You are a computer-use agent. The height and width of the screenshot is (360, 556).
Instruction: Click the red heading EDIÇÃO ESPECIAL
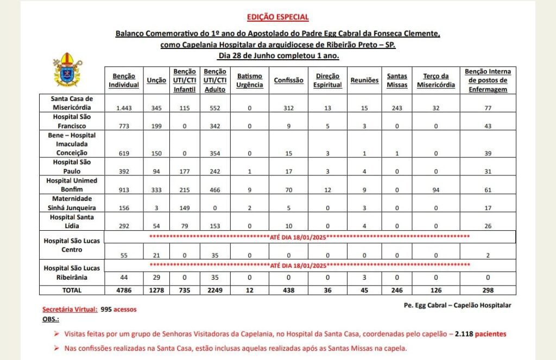click(x=277, y=17)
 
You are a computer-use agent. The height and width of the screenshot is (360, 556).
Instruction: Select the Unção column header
click(x=156, y=80)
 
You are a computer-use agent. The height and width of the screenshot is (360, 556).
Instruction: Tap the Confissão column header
click(x=288, y=80)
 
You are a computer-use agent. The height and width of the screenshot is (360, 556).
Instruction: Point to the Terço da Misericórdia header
click(x=435, y=80)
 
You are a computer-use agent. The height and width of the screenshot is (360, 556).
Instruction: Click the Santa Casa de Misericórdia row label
click(x=72, y=103)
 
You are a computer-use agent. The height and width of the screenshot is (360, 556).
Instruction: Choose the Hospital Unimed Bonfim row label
click(x=72, y=184)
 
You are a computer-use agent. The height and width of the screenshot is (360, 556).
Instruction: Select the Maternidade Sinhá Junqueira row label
click(x=72, y=203)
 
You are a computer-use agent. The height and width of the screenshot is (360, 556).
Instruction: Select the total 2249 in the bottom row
click(x=212, y=290)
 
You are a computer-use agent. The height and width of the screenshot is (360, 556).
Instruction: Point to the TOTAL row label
click(x=72, y=290)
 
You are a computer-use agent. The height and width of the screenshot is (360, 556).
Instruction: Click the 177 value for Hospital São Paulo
click(x=184, y=170)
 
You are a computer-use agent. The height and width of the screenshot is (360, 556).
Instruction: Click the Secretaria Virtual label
click(x=70, y=310)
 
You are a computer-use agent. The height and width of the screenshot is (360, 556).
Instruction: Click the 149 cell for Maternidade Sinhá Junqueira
click(x=184, y=207)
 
